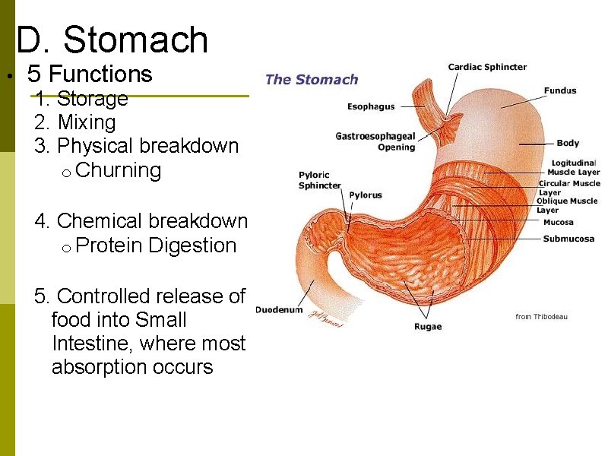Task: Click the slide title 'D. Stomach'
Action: [112, 40]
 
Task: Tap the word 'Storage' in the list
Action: [92, 99]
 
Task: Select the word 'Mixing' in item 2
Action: [87, 122]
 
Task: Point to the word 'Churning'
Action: [119, 170]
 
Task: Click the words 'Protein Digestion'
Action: [157, 245]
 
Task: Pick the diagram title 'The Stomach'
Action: [312, 80]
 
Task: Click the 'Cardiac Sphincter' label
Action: [487, 67]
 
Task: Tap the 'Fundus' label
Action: [560, 90]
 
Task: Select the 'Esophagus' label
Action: [371, 107]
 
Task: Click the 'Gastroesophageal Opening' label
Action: [375, 141]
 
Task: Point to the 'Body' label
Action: [568, 143]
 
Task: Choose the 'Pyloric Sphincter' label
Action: [319, 180]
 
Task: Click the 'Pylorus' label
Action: [366, 195]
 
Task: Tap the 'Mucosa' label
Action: [559, 223]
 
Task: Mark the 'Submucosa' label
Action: [568, 239]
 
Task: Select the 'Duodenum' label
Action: [279, 309]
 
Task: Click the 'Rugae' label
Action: [427, 327]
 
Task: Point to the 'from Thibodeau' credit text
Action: [541, 317]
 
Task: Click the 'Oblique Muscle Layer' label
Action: [567, 205]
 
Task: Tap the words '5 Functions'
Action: [90, 74]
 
